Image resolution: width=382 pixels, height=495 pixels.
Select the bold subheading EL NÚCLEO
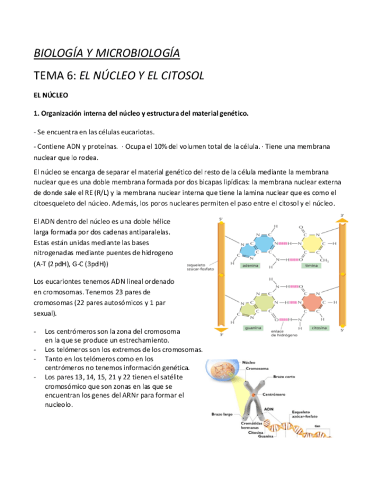(51, 95)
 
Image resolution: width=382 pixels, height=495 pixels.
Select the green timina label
(311, 266)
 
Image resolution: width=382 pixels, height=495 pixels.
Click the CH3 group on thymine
(325, 260)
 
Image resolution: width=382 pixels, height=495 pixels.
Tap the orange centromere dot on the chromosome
(253, 396)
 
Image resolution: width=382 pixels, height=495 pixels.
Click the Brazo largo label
(222, 414)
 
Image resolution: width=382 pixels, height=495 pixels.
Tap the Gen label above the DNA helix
(317, 426)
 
